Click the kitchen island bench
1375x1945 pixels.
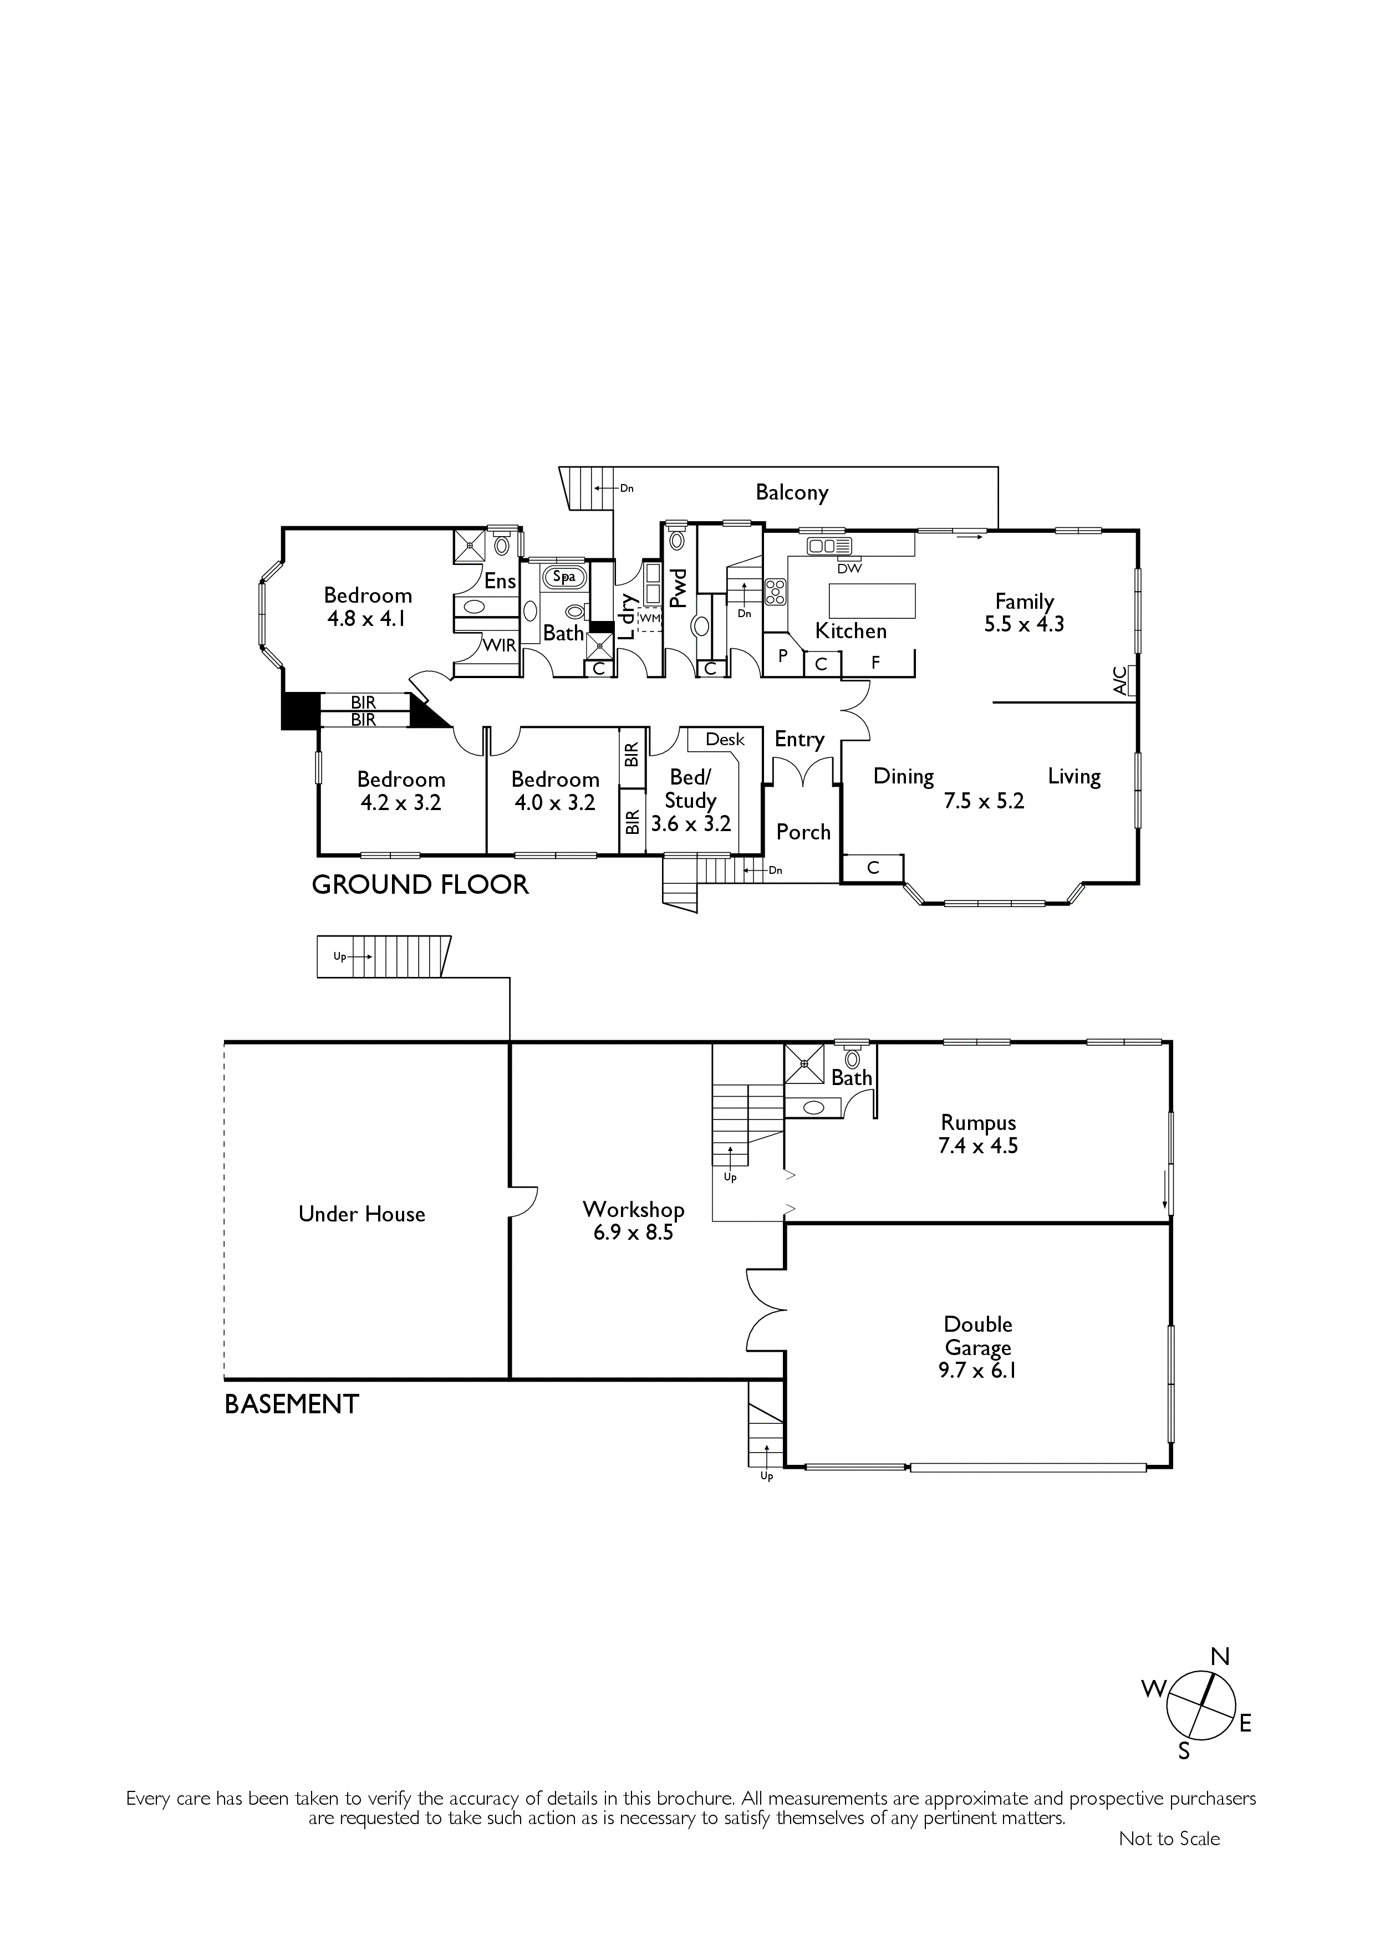point(873,600)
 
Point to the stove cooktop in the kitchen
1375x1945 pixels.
point(775,590)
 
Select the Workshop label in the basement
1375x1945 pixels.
point(634,1209)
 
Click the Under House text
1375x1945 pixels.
point(361,1214)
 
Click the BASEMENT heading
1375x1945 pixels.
point(292,1404)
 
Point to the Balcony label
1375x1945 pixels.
point(792,493)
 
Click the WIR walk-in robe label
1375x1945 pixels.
point(499,645)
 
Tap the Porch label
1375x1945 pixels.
point(803,832)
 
